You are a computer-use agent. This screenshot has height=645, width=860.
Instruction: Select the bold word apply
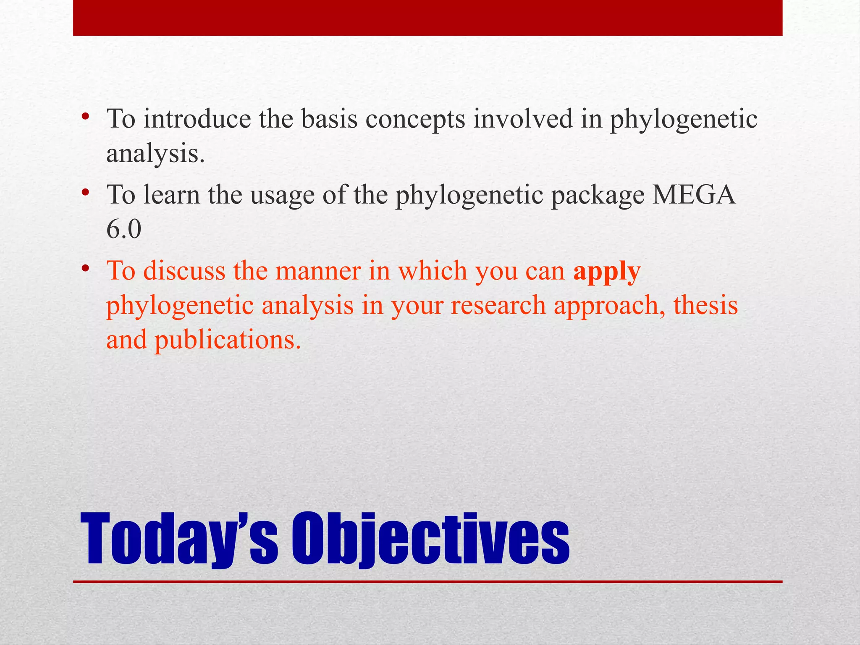pyautogui.click(x=607, y=272)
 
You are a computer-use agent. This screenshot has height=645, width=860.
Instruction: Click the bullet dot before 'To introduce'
pyautogui.click(x=86, y=115)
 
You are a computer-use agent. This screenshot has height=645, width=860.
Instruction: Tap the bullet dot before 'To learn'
pyautogui.click(x=86, y=192)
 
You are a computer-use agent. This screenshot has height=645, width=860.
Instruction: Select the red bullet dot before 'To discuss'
pyautogui.click(x=86, y=267)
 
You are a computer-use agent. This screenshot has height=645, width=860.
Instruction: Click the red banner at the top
pyautogui.click(x=427, y=18)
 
